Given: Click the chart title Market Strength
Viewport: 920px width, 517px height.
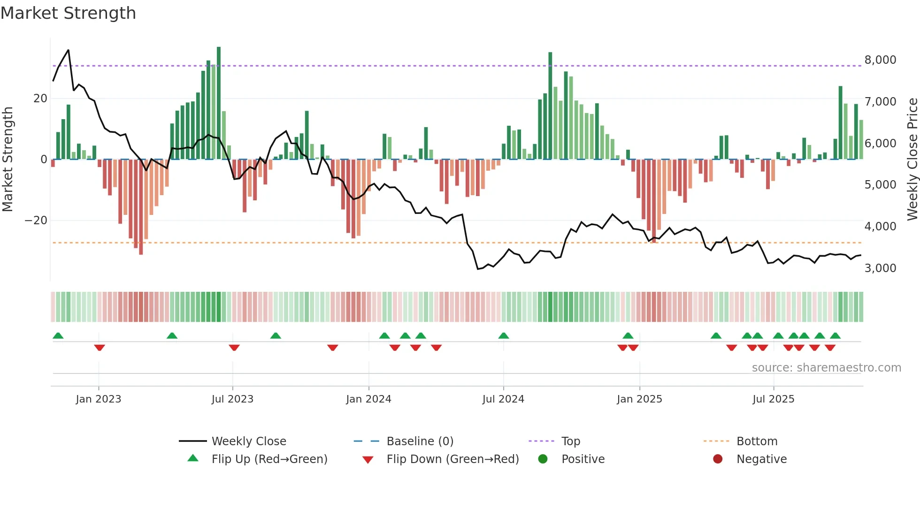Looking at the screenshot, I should point(69,13).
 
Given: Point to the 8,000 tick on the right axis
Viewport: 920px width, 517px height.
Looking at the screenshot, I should point(880,60).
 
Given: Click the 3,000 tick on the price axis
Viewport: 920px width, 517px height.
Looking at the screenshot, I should point(880,268).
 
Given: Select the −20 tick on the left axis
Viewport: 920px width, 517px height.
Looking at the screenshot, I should point(36,220).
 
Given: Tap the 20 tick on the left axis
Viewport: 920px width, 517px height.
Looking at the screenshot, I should point(40,99).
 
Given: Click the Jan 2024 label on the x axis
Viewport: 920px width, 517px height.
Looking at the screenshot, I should point(368,399).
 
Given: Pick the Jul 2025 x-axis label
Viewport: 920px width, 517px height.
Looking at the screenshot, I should point(773,399).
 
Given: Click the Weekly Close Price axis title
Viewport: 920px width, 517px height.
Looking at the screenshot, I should point(912,160).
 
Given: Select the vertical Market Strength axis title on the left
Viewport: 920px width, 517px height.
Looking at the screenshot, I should point(8,160).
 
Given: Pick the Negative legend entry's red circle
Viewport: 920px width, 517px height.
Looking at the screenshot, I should point(718,459).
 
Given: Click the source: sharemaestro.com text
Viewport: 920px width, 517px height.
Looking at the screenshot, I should point(826,368).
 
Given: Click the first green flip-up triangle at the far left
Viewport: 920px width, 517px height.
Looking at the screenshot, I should point(58,335).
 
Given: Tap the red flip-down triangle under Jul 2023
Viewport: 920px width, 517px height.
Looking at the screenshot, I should point(234,348).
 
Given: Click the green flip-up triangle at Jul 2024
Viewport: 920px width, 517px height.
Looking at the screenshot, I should point(504,335).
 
